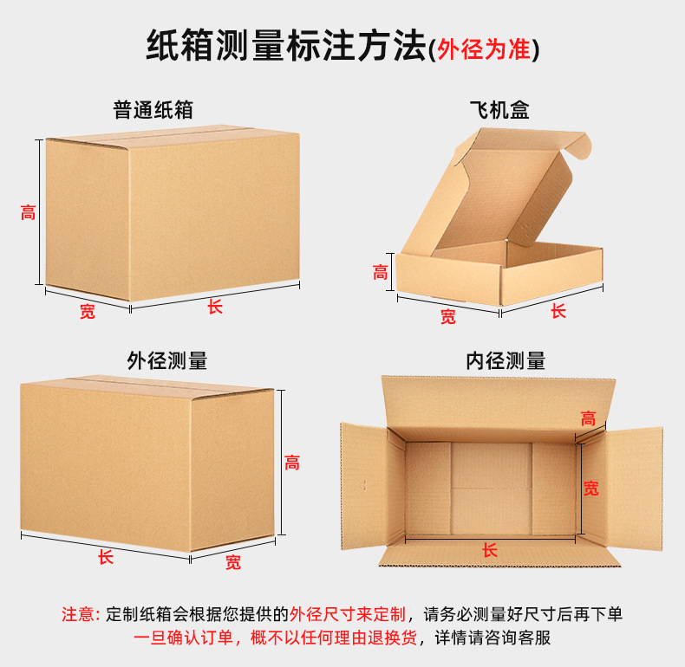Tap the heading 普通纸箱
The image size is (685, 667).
point(153,110)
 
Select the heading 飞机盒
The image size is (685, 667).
point(499,110)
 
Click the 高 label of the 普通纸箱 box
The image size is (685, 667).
point(29,211)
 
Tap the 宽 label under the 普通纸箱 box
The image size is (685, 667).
point(88,311)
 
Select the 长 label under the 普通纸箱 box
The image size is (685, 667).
point(215,306)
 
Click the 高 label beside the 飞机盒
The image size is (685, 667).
point(381,272)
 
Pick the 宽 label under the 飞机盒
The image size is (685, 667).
point(447,316)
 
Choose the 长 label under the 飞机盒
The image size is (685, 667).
point(558,310)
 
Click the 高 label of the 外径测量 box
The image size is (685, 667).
point(292,463)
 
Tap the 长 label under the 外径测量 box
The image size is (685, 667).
point(106,557)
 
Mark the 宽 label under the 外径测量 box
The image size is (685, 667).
point(233,562)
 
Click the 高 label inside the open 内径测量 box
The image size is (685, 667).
point(589,418)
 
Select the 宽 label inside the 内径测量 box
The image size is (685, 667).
point(590,488)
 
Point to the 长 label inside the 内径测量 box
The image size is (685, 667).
point(490,549)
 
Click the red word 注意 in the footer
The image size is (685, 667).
point(81,614)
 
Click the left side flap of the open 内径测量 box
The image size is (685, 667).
point(362,485)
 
